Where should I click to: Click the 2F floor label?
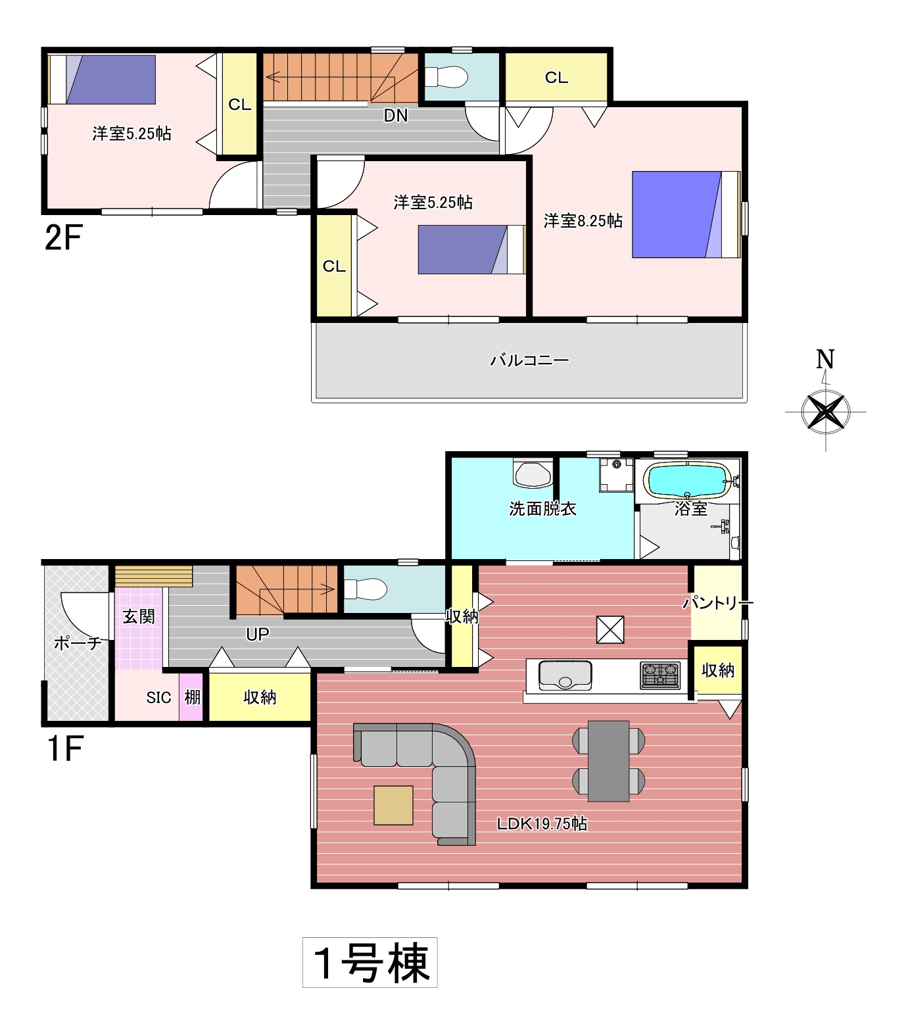63,237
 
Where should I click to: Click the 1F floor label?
65,748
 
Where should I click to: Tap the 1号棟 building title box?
370,962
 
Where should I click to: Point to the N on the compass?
825,359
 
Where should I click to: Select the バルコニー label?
530,360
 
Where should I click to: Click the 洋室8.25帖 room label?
583,221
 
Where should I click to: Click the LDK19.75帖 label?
542,823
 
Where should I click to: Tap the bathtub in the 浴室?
687,481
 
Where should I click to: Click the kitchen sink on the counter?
565,674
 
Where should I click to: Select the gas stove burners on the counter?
660,675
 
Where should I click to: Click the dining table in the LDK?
609,761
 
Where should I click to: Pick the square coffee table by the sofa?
394,805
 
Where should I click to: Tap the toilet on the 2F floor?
446,77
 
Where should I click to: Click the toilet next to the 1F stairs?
366,589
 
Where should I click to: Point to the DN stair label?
396,116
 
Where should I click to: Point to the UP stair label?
257,634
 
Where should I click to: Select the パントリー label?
718,602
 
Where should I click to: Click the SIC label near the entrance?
158,698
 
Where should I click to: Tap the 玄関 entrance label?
139,616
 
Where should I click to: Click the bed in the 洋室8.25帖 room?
686,214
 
